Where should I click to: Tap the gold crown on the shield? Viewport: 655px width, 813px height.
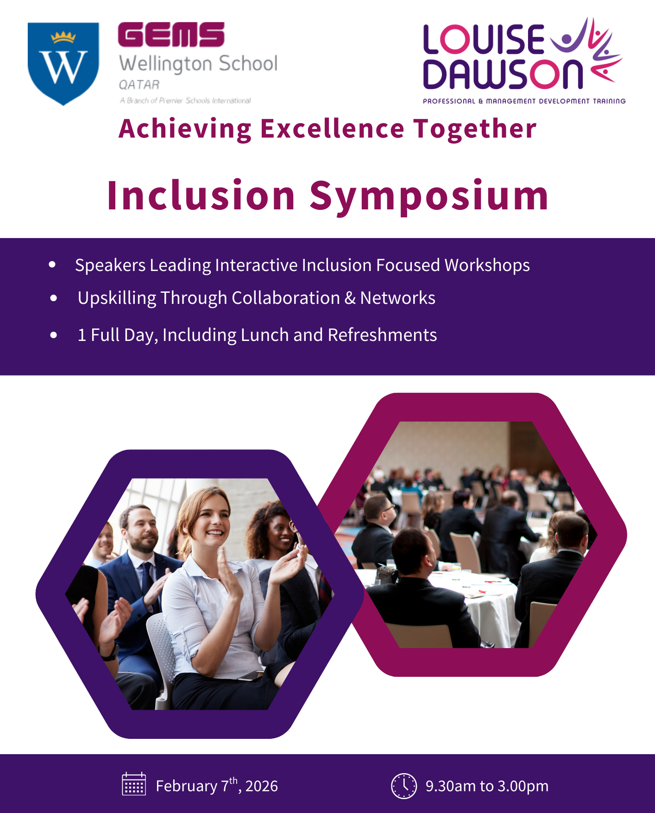(x=63, y=37)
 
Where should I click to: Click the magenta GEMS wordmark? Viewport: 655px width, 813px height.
(x=171, y=35)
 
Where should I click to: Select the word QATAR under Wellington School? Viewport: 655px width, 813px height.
(x=139, y=85)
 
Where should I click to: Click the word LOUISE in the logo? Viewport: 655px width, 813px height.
(x=484, y=39)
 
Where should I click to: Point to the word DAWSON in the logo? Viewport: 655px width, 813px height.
(x=503, y=74)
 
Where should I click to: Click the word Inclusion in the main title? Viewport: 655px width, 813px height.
(x=201, y=195)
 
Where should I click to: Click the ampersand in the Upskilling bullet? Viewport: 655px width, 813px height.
(x=350, y=298)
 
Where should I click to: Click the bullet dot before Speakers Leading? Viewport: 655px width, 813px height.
(x=52, y=265)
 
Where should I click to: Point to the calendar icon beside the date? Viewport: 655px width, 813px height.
(x=134, y=784)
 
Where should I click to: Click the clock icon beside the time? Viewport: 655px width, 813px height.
(x=404, y=786)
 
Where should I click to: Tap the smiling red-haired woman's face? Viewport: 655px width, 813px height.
(x=212, y=519)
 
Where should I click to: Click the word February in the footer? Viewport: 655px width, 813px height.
(x=186, y=786)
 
